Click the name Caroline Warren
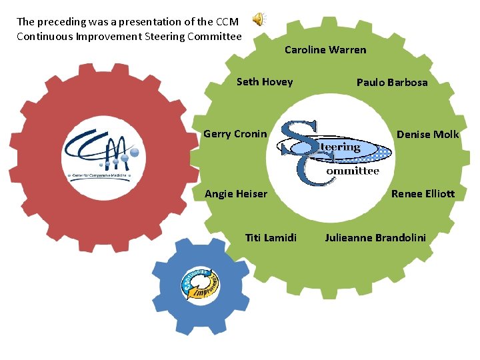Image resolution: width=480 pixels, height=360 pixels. [x=325, y=49]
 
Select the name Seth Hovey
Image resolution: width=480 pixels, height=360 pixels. [x=265, y=82]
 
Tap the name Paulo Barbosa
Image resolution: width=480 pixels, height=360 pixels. [x=392, y=83]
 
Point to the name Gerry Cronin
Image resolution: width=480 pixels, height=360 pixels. [x=235, y=134]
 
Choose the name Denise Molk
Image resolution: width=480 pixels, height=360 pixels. [x=427, y=135]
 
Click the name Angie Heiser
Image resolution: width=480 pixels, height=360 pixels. [x=236, y=194]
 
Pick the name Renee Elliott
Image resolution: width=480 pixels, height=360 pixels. [x=423, y=194]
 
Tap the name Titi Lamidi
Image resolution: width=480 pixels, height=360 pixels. [x=271, y=237]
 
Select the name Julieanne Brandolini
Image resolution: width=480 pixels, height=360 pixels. [x=375, y=237]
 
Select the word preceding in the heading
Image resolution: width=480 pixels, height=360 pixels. [x=63, y=21]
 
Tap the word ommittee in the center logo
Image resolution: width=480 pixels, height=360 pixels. [x=353, y=171]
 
